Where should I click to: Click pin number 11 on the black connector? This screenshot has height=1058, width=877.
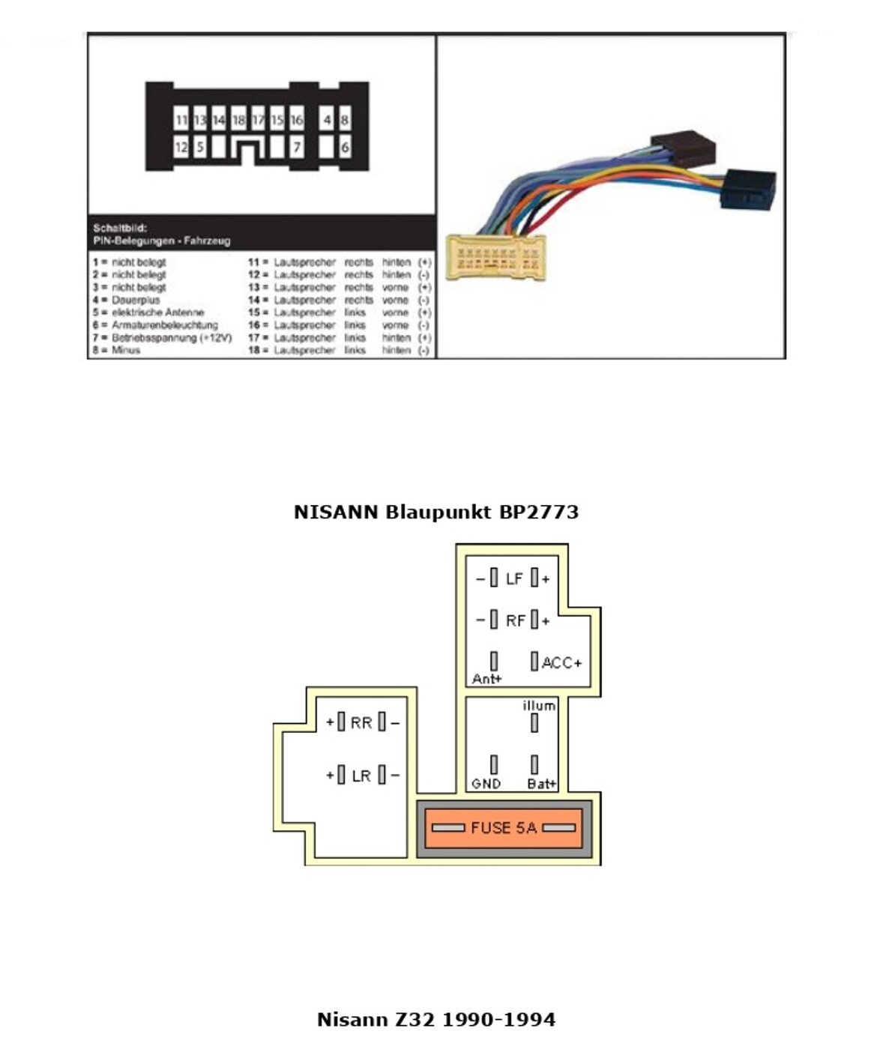pyautogui.click(x=181, y=120)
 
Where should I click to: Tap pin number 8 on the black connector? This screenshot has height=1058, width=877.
pyautogui.click(x=345, y=120)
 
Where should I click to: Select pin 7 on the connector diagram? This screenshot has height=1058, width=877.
pyautogui.click(x=297, y=148)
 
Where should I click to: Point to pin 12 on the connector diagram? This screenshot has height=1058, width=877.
pyautogui.click(x=181, y=148)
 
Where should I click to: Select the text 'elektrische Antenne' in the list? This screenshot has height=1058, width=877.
pyautogui.click(x=157, y=312)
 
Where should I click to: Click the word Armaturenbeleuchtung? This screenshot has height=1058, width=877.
pyautogui.click(x=165, y=325)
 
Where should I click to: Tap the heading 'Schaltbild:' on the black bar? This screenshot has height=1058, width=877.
pyautogui.click(x=120, y=228)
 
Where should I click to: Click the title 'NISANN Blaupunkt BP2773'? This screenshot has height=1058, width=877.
pyautogui.click(x=436, y=513)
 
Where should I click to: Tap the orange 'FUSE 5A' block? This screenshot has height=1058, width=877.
pyautogui.click(x=504, y=828)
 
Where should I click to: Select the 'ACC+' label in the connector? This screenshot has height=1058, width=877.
pyautogui.click(x=561, y=662)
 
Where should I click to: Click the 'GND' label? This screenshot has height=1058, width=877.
pyautogui.click(x=486, y=784)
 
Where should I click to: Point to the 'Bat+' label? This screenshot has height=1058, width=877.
pyautogui.click(x=542, y=784)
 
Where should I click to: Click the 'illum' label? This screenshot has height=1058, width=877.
pyautogui.click(x=539, y=706)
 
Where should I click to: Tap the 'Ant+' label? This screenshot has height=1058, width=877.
pyautogui.click(x=487, y=679)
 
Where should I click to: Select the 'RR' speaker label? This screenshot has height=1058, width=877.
pyautogui.click(x=361, y=723)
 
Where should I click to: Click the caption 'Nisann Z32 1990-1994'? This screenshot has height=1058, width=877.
pyautogui.click(x=436, y=1020)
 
